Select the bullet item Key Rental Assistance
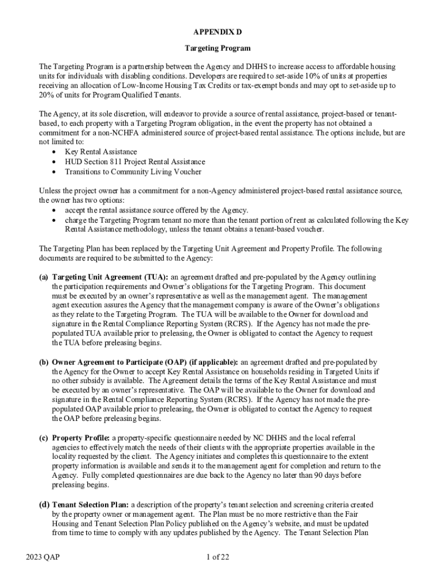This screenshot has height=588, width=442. [x=100, y=152]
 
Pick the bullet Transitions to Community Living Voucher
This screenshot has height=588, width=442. [x=133, y=171]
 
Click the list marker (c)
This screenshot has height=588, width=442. [x=44, y=438]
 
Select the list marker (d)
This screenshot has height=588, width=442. [x=44, y=505]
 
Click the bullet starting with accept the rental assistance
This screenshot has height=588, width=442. [x=156, y=210]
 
